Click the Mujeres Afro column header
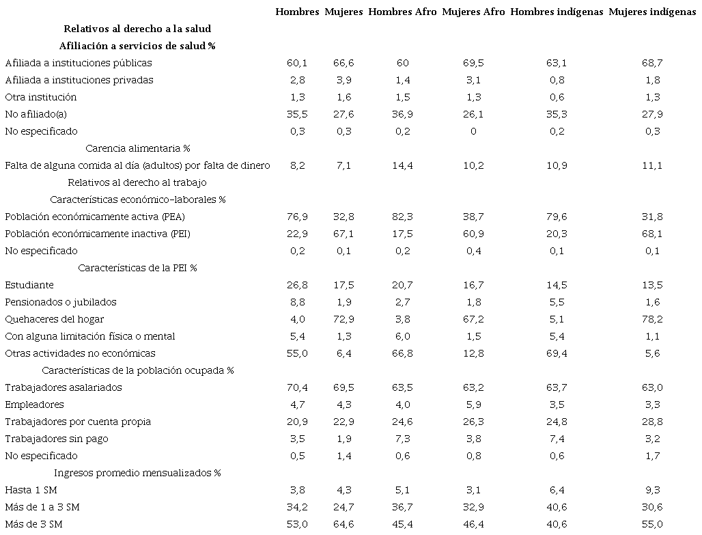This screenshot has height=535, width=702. (x=473, y=12)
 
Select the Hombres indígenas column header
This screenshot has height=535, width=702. (x=557, y=12)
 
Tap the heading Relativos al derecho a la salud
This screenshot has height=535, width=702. (x=137, y=29)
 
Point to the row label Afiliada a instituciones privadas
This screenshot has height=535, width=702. (x=79, y=80)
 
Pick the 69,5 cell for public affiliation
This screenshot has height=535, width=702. (x=473, y=63)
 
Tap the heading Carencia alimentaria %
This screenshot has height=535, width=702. (x=137, y=148)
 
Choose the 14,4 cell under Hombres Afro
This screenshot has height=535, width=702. (x=402, y=165)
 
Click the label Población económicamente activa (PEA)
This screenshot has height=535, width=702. (x=95, y=217)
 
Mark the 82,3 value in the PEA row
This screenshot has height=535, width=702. (x=402, y=217)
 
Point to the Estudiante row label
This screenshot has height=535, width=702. (x=29, y=285)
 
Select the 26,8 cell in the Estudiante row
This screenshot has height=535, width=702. (x=297, y=285)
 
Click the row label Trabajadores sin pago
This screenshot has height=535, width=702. (x=57, y=439)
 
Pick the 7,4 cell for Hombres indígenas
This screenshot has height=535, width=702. (x=557, y=439)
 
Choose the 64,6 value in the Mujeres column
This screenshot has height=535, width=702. (x=343, y=524)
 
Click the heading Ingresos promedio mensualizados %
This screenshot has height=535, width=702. (x=137, y=473)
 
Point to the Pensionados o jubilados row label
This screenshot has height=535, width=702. (x=61, y=302)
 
